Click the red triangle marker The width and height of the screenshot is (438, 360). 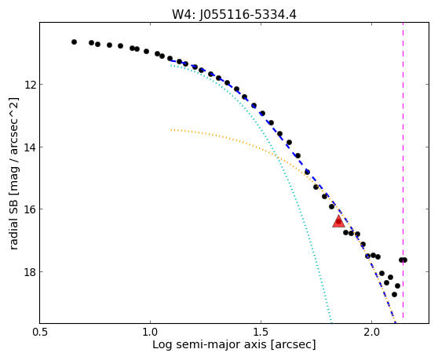tap(338, 221)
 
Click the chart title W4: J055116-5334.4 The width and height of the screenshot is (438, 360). tap(234, 15)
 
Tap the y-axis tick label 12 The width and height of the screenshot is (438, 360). tap(30, 84)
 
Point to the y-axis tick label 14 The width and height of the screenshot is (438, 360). tap(30, 147)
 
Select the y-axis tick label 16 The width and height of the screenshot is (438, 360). tap(30, 209)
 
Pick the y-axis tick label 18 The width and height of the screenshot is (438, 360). tap(30, 271)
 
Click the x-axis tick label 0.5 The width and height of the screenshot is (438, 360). tap(40, 332)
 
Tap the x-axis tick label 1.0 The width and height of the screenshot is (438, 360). tap(150, 332)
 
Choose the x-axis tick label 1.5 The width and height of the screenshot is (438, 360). tap(261, 332)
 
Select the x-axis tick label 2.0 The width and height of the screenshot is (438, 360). tap(371, 332)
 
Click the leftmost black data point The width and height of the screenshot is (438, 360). tap(74, 42)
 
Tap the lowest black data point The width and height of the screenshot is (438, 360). tap(394, 294)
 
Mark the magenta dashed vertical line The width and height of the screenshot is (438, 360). tap(403, 170)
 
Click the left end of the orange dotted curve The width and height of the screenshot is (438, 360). tap(171, 129)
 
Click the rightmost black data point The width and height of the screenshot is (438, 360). tap(404, 260)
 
